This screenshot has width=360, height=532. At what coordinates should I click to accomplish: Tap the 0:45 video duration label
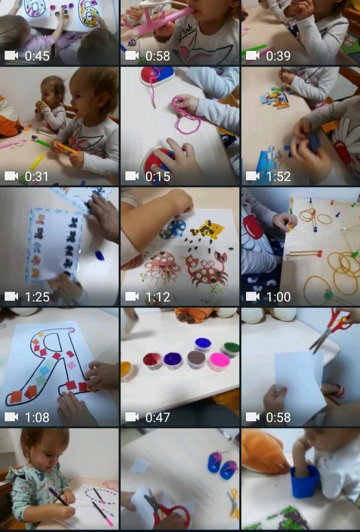point(37,56)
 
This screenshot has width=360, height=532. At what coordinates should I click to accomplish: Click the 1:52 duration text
point(278,176)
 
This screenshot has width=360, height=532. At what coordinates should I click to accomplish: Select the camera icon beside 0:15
point(132,176)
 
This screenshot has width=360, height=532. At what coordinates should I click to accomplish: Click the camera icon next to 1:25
point(11,296)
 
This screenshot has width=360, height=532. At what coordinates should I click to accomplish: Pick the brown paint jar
point(196,359)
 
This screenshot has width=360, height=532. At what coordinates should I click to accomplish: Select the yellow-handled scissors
point(233,503)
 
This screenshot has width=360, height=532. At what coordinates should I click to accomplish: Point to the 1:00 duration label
point(278,297)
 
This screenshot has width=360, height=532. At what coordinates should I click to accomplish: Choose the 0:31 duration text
point(37,176)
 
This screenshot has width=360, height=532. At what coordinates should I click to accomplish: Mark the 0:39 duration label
point(278,56)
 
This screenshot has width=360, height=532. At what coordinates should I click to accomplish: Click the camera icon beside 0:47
point(132,417)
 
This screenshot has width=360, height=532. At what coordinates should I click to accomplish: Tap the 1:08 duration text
point(37,417)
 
